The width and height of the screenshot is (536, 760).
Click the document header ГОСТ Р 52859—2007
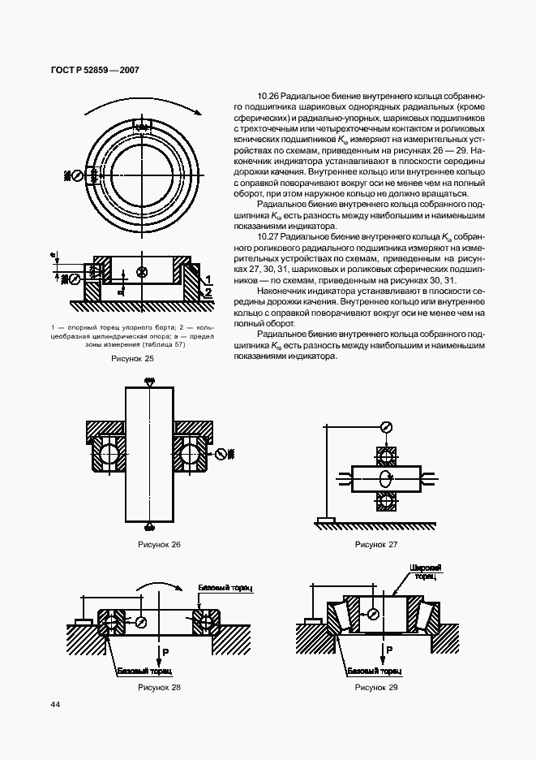coord(89,71)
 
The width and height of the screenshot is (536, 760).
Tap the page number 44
coord(55,705)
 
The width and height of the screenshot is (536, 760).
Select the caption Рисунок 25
coord(134,357)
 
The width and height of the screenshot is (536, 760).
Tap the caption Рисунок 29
coord(376,688)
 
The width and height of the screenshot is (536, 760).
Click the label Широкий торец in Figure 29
coord(423,572)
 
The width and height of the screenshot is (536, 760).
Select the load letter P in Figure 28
coord(165,652)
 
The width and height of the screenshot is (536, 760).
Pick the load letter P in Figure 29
coord(388,651)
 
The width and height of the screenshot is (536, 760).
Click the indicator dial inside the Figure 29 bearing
coord(373,615)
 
